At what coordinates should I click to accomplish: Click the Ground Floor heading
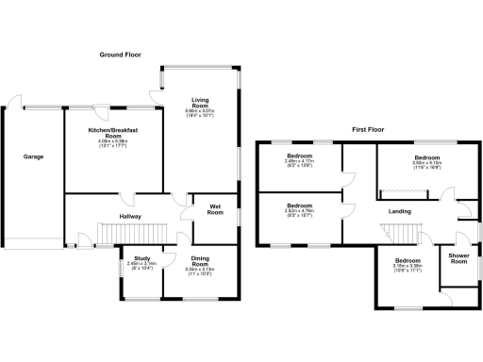click(121, 56)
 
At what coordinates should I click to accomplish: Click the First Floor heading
click(373, 127)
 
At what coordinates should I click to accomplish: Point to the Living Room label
click(200, 102)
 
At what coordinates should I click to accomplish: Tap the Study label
click(142, 257)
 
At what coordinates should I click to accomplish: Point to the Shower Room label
click(458, 258)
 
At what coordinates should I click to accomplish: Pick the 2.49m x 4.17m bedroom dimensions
click(300, 163)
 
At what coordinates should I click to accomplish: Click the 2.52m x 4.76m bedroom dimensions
click(300, 214)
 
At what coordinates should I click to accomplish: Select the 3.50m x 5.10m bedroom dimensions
click(427, 164)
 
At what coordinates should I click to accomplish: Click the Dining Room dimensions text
click(199, 272)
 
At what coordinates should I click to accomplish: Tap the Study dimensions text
click(142, 267)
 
